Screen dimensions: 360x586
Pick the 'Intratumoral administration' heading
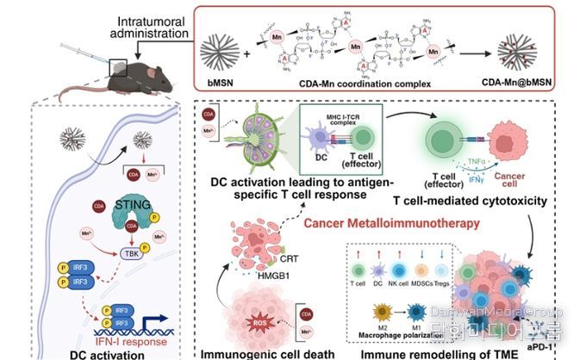(x=156, y=28)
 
